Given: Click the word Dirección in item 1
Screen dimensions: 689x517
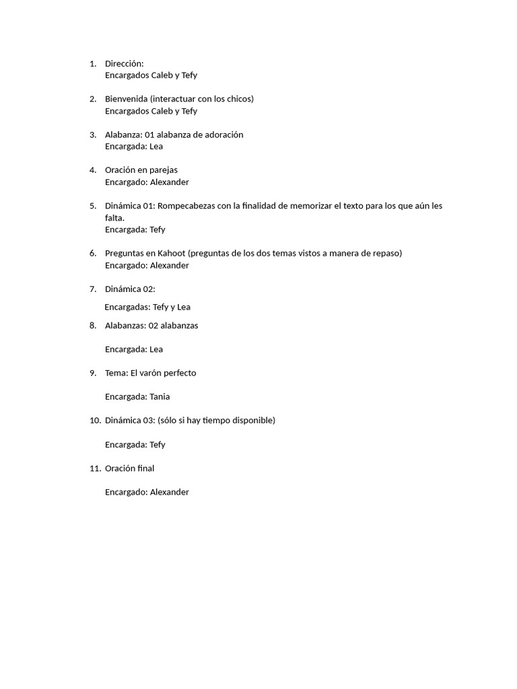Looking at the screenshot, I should [x=124, y=63].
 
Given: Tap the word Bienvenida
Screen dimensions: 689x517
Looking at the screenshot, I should [x=127, y=99].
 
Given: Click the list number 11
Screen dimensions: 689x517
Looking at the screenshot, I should [x=94, y=468].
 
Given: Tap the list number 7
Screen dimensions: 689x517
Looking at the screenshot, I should [x=92, y=289].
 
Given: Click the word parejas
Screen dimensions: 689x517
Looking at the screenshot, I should [x=164, y=170].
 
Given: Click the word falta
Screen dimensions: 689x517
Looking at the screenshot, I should [x=114, y=218].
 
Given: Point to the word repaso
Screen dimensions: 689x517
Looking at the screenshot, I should [x=387, y=253].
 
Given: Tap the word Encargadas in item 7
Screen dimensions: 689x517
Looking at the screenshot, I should [x=127, y=307].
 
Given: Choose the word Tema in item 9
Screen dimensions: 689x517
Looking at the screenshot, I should [x=116, y=373].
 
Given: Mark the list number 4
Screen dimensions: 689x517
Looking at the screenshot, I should [x=92, y=170].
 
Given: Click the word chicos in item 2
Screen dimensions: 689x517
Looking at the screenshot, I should [x=239, y=99].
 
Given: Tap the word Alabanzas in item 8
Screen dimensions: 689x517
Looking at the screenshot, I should [x=125, y=326].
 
